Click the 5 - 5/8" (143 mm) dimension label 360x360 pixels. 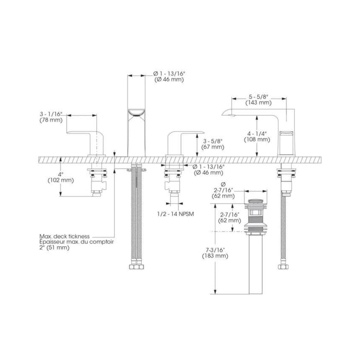click(259, 100)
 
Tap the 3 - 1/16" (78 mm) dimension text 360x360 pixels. click(51, 117)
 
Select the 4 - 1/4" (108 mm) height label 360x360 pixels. click(257, 136)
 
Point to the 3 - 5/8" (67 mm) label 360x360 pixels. click(212, 144)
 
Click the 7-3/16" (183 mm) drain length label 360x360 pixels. click(215, 253)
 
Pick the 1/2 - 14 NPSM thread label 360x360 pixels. click(176, 214)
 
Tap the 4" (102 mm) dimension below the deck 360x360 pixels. click(61, 177)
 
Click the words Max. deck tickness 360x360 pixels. click(64, 236)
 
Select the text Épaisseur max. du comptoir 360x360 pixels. click(77, 242)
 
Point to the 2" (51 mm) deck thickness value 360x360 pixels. click(55, 247)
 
